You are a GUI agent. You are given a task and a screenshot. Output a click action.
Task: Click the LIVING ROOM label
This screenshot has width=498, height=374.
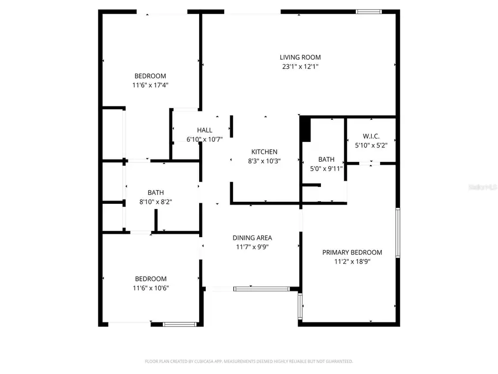pyautogui.click(x=300, y=57)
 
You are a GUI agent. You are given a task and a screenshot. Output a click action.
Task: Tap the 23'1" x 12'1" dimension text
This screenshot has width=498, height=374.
pyautogui.click(x=300, y=66)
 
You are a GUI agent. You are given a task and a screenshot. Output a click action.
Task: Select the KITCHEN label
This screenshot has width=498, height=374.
pyautogui.click(x=264, y=152)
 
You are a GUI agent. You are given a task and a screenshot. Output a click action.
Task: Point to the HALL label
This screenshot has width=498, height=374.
pyautogui.click(x=205, y=130)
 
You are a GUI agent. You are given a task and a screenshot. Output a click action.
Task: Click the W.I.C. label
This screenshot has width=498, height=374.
pyautogui.click(x=371, y=136)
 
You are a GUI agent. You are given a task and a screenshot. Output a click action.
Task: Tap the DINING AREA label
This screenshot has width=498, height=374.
pyautogui.click(x=252, y=238)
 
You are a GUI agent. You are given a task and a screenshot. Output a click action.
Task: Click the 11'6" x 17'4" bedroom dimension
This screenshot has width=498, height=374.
pyautogui.click(x=150, y=85)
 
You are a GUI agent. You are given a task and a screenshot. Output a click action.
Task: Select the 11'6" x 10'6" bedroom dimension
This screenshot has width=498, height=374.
pyautogui.click(x=151, y=288)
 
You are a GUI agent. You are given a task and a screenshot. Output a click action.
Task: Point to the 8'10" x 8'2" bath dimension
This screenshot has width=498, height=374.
pyautogui.click(x=155, y=202)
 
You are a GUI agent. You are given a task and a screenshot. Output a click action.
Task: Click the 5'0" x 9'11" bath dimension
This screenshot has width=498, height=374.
pyautogui.click(x=326, y=168)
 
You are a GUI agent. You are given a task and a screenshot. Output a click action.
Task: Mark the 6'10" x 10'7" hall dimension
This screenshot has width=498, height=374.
pyautogui.click(x=205, y=140)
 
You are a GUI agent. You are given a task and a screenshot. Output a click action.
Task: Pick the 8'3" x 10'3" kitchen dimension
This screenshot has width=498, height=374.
pyautogui.click(x=264, y=161)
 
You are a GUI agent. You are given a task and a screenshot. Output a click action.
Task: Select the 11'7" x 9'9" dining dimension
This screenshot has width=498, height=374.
pyautogui.click(x=252, y=248)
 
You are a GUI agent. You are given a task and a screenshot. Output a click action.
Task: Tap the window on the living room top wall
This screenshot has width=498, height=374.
pyautogui.click(x=368, y=11)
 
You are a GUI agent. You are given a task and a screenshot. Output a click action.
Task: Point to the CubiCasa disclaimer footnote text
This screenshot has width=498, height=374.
pyautogui.click(x=249, y=361)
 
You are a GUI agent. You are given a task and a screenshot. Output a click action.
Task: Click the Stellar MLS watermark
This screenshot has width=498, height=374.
pyautogui.click(x=483, y=188)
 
